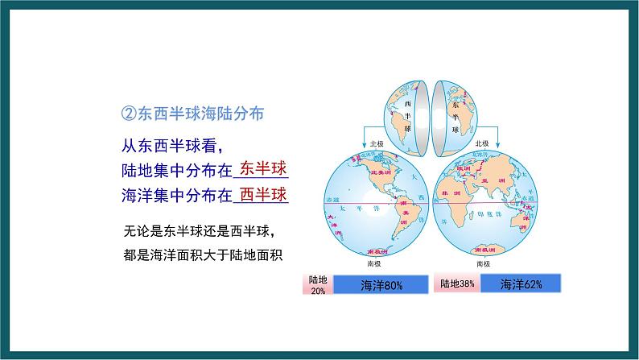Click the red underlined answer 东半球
[x=263, y=168]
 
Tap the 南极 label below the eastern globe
[x=483, y=263]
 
